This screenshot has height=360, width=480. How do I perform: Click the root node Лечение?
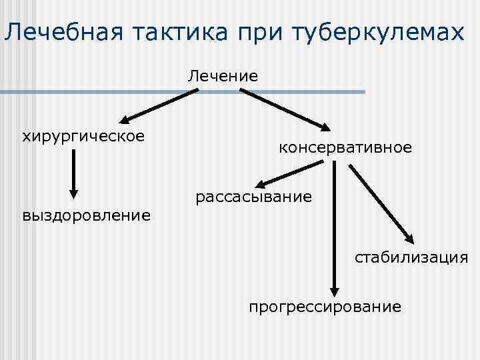pyautogui.click(x=223, y=75)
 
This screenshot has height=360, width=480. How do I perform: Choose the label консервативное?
pyautogui.click(x=345, y=147)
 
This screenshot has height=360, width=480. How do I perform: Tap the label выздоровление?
pyautogui.click(x=86, y=215)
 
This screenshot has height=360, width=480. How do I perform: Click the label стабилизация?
pyautogui.click(x=411, y=257)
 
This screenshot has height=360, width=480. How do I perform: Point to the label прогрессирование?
pyautogui.click(x=325, y=307)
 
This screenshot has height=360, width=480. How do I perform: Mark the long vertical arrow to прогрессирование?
pyautogui.click(x=335, y=227)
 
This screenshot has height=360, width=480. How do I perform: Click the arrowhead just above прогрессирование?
pyautogui.click(x=335, y=289)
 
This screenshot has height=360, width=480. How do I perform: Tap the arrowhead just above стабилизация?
pyautogui.click(x=409, y=239)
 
